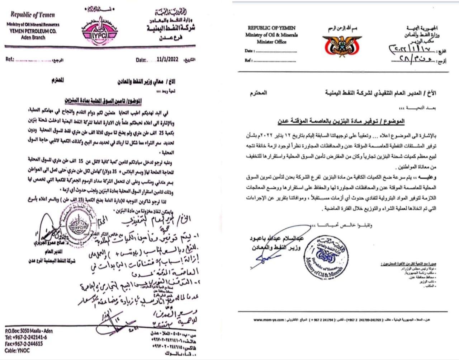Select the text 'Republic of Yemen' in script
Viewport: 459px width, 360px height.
click(33, 15)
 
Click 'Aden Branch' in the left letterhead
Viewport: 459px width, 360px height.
click(33, 37)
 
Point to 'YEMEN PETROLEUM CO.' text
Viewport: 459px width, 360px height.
click(33, 31)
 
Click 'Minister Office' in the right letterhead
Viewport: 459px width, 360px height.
click(271, 42)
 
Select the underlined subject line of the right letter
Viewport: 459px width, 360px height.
click(341, 121)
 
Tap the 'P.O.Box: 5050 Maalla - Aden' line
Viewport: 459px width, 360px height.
click(29, 331)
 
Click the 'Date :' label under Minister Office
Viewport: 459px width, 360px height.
click(250, 51)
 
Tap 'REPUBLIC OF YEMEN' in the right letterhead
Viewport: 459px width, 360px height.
click(271, 28)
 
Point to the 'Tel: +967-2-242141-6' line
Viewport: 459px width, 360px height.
click(26, 337)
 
